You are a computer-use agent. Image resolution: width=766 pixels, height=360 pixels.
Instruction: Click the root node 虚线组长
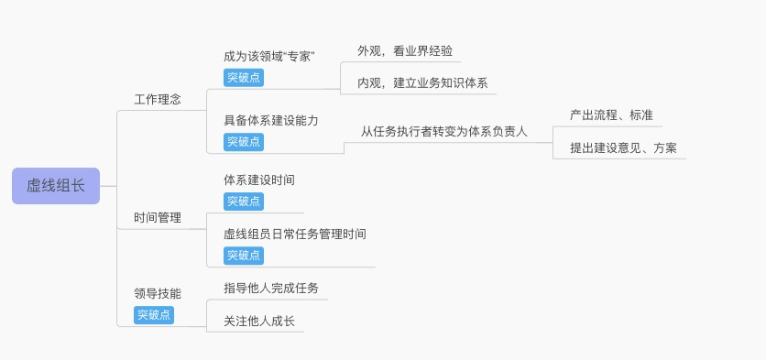click(56, 185)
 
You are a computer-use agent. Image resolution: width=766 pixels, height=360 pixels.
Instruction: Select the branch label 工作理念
click(158, 100)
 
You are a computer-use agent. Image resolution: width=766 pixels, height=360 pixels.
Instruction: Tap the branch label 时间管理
click(158, 218)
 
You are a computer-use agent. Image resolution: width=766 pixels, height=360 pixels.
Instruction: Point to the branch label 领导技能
click(158, 294)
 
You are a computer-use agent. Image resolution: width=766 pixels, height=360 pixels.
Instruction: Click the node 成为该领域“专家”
click(269, 57)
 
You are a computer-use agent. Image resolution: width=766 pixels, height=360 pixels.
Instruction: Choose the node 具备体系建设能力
click(271, 121)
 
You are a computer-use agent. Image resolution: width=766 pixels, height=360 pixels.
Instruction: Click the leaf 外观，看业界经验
click(405, 51)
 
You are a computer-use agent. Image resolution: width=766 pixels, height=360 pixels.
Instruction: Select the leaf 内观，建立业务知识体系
click(422, 83)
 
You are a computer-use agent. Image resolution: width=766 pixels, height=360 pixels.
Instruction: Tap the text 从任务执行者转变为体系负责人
click(444, 132)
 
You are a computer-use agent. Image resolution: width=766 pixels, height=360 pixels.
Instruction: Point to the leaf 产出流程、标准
click(611, 115)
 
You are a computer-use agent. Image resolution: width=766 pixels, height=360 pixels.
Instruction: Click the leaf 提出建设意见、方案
click(623, 147)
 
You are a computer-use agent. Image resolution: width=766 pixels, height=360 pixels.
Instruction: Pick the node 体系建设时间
click(259, 180)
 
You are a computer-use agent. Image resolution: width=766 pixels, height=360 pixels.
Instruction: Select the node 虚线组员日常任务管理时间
click(295, 235)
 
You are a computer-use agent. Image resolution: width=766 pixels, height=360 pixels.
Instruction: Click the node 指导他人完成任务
click(271, 289)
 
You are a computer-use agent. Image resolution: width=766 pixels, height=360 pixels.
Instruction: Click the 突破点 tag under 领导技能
click(154, 315)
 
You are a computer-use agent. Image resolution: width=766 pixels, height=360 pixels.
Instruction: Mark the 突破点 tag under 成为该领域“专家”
click(244, 78)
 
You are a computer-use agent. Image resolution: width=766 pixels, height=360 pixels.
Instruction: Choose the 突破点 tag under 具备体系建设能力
click(244, 142)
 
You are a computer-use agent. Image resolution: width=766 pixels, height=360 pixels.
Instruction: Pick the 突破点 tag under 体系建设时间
click(244, 201)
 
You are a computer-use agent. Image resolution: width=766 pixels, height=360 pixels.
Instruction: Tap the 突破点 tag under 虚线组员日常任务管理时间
click(244, 256)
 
